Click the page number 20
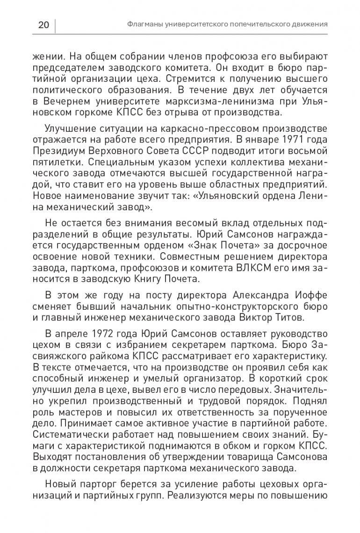pyautogui.click(x=43, y=25)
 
